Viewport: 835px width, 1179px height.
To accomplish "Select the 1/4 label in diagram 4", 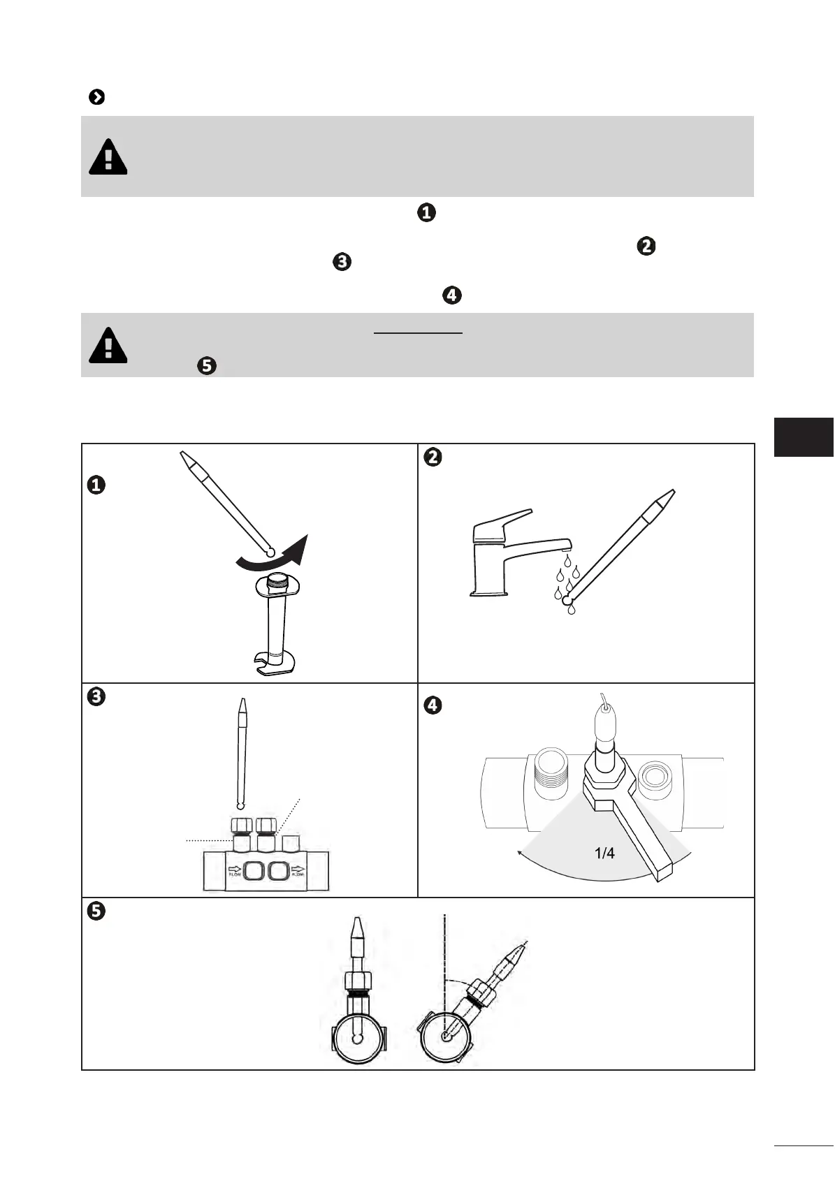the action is click(604, 853).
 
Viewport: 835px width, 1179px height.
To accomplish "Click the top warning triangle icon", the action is click(108, 157).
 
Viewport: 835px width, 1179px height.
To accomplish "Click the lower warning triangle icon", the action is click(108, 345).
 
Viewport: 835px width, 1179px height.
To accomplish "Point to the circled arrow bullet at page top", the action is click(97, 97).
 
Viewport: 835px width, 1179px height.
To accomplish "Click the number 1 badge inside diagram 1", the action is click(96, 485).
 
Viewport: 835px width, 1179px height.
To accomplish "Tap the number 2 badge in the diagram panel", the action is click(433, 457).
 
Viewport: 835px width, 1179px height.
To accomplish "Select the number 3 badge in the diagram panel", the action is click(96, 697).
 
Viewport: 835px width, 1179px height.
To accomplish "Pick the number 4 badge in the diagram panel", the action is click(433, 705).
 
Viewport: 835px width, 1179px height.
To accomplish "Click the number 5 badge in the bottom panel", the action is click(96, 911).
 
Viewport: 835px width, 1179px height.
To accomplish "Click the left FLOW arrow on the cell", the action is click(235, 870).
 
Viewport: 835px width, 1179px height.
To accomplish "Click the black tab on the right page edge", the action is click(804, 437).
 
